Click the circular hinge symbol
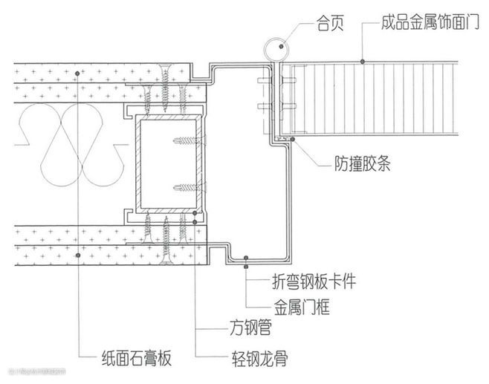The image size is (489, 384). click(274, 48)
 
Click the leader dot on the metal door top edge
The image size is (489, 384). click(361, 60)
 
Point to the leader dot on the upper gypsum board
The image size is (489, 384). click(79, 72)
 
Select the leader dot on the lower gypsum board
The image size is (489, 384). click(79, 255)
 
